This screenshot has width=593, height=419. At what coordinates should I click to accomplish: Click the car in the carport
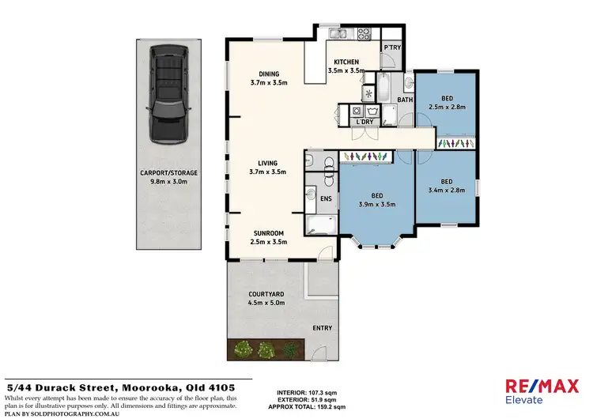pyautogui.click(x=168, y=92)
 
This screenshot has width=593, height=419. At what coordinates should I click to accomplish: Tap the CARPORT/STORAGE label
pyautogui.click(x=168, y=172)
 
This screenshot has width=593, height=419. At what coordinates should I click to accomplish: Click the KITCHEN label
pyautogui.click(x=346, y=62)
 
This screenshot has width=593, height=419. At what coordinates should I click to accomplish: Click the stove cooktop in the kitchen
pyautogui.click(x=364, y=34)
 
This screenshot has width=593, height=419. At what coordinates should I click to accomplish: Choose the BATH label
pyautogui.click(x=405, y=100)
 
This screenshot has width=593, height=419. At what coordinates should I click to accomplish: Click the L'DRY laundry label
pyautogui.click(x=364, y=122)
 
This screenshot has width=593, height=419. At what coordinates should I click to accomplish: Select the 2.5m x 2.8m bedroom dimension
pyautogui.click(x=447, y=106)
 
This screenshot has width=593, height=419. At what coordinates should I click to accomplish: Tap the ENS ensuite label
pyautogui.click(x=325, y=199)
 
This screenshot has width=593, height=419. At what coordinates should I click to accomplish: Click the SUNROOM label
pyautogui.click(x=268, y=233)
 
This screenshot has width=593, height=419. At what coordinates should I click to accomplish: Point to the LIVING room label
pyautogui.click(x=267, y=163)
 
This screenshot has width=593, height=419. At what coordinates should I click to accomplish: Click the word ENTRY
pyautogui.click(x=322, y=328)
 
